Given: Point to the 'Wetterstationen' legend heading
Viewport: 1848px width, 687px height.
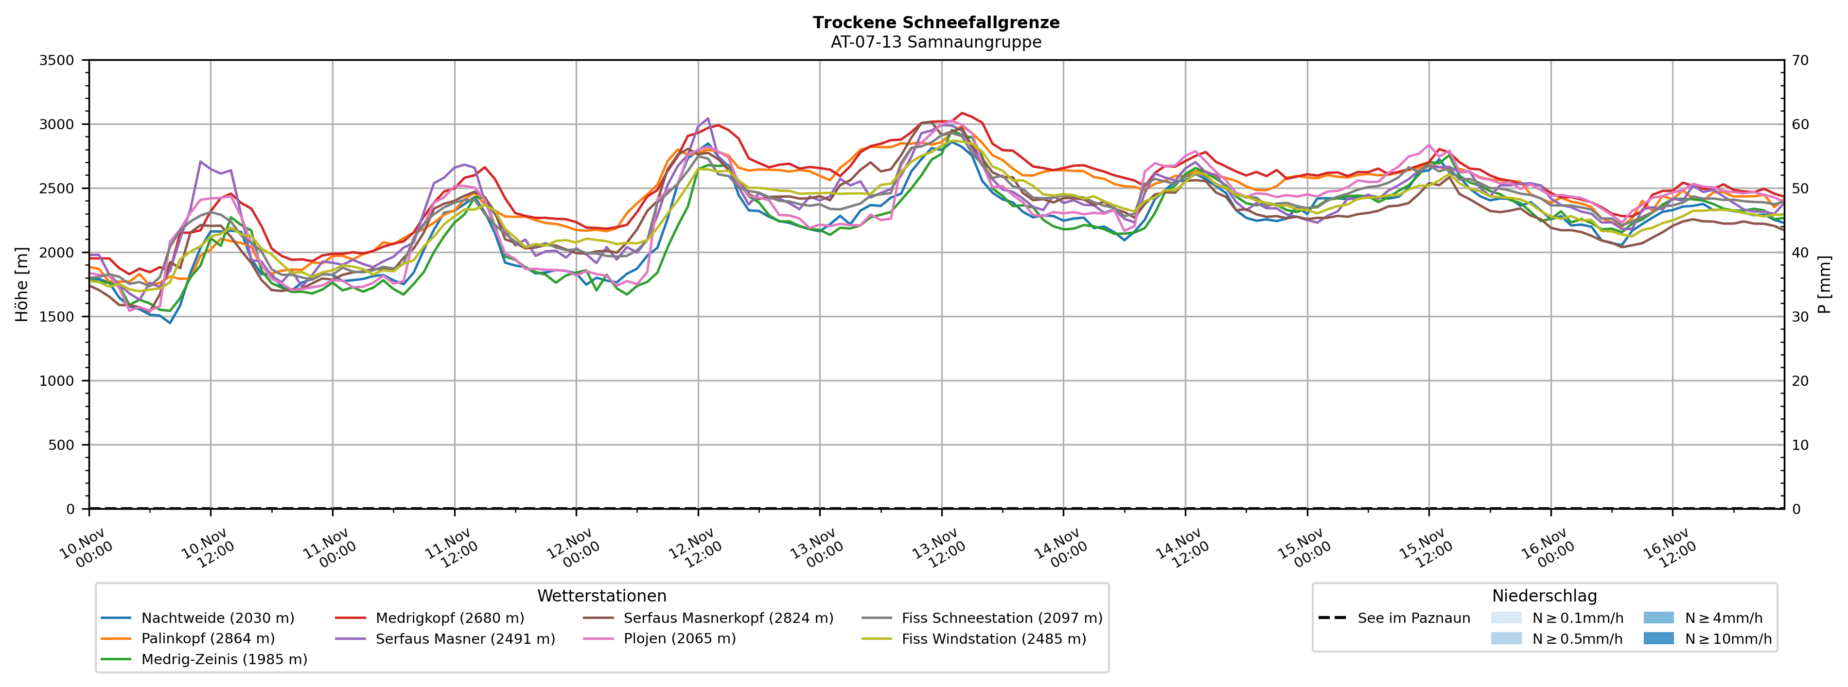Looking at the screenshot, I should coord(601,596).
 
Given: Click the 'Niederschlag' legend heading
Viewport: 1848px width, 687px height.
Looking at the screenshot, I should coord(1544,596).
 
